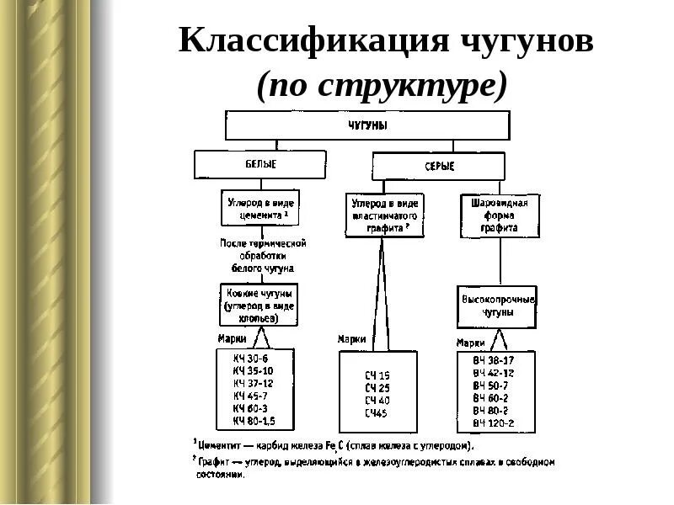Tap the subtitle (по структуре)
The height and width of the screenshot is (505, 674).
384,84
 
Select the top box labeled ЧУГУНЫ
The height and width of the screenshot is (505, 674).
367,125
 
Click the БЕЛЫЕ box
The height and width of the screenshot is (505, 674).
260,163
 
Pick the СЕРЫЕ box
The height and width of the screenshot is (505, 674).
438,167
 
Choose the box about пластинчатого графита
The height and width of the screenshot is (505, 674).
385,215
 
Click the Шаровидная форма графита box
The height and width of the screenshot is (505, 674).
499,215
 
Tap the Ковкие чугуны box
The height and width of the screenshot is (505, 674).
259,301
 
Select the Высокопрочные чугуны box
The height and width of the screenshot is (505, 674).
498,306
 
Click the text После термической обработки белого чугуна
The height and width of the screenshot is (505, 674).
263,255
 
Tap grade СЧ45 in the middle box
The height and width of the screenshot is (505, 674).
376,413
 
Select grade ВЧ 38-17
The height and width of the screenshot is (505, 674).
494,359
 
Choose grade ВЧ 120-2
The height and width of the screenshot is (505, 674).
494,423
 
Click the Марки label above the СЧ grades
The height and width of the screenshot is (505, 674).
352,338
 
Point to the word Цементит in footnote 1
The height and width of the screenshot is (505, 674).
221,444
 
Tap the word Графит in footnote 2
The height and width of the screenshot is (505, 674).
214,462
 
